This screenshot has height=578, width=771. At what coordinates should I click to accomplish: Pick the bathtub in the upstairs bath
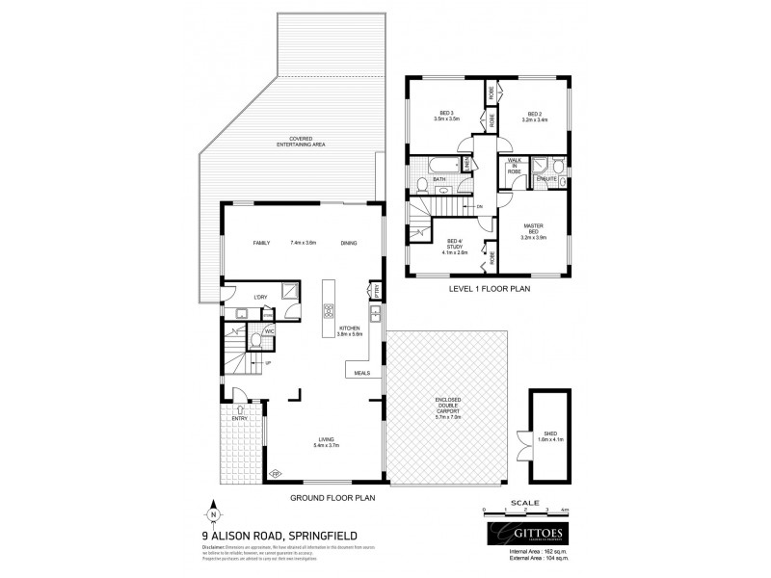click(x=436, y=164)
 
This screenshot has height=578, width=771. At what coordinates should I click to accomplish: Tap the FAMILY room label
click(x=261, y=243)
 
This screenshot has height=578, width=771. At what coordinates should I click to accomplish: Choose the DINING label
click(x=349, y=243)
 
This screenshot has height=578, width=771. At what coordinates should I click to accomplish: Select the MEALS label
click(x=362, y=372)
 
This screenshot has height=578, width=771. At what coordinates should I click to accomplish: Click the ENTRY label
click(x=240, y=418)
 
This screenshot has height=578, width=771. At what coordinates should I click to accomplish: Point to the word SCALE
click(x=526, y=502)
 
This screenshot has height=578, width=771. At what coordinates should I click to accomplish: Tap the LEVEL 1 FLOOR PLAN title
click(x=491, y=288)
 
